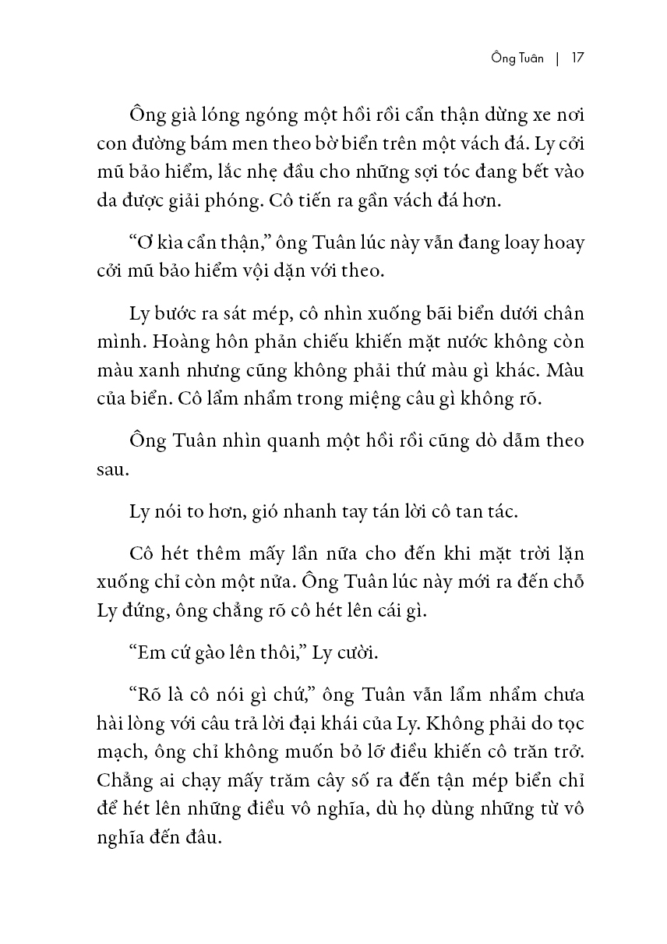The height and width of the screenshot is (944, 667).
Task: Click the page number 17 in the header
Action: click(577, 58)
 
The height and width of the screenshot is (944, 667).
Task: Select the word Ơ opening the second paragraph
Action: click(143, 242)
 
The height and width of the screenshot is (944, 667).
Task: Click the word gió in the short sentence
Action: click(266, 512)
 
